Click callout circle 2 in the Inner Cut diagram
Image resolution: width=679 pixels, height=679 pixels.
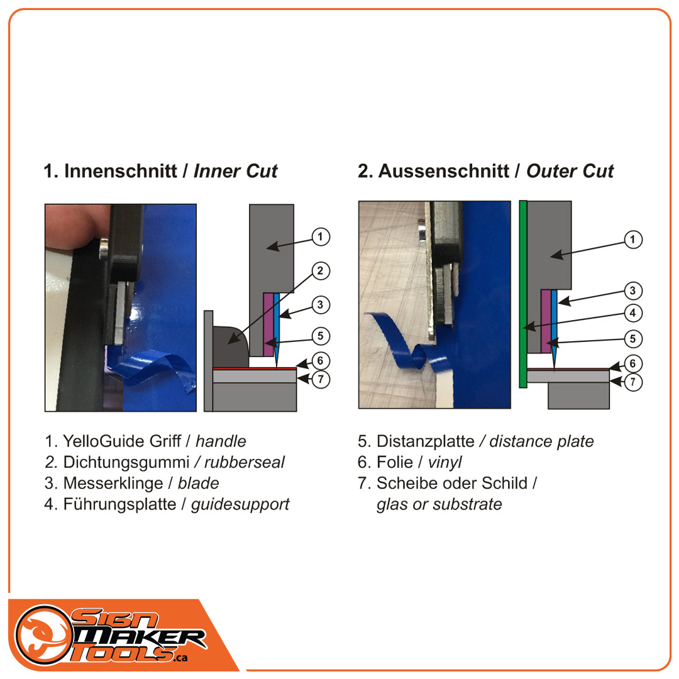pos(321,271)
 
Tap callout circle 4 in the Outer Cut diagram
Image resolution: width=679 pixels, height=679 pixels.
pos(632,312)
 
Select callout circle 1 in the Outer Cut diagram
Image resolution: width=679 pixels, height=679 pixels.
pos(632,240)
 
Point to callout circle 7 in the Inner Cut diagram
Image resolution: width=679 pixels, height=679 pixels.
pos(321,379)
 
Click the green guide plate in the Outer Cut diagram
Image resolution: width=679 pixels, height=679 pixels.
pos(523,294)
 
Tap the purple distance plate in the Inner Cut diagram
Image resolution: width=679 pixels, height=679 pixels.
pos(268,324)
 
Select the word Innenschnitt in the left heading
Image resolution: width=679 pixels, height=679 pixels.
pos(120,171)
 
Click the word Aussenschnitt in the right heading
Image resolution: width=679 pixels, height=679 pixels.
pos(443,171)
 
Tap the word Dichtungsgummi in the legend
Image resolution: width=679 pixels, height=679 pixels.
pos(126,463)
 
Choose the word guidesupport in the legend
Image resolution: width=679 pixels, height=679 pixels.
pos(240,504)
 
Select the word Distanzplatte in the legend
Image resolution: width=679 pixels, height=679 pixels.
pos(425,441)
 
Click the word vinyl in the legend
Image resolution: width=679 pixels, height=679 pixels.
pos(444,463)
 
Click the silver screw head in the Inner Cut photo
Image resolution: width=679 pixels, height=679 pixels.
pos(104,251)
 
